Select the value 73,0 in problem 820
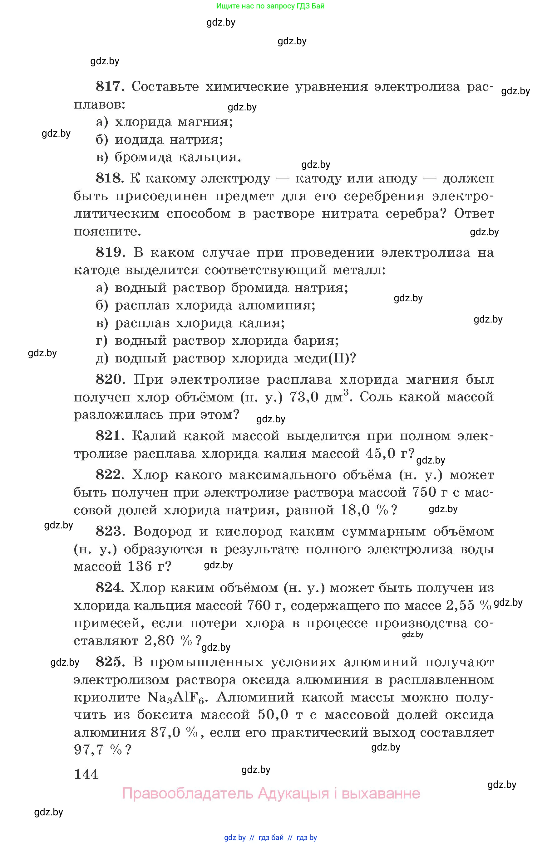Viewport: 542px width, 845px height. (x=304, y=397)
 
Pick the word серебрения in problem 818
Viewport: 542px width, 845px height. (x=384, y=196)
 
